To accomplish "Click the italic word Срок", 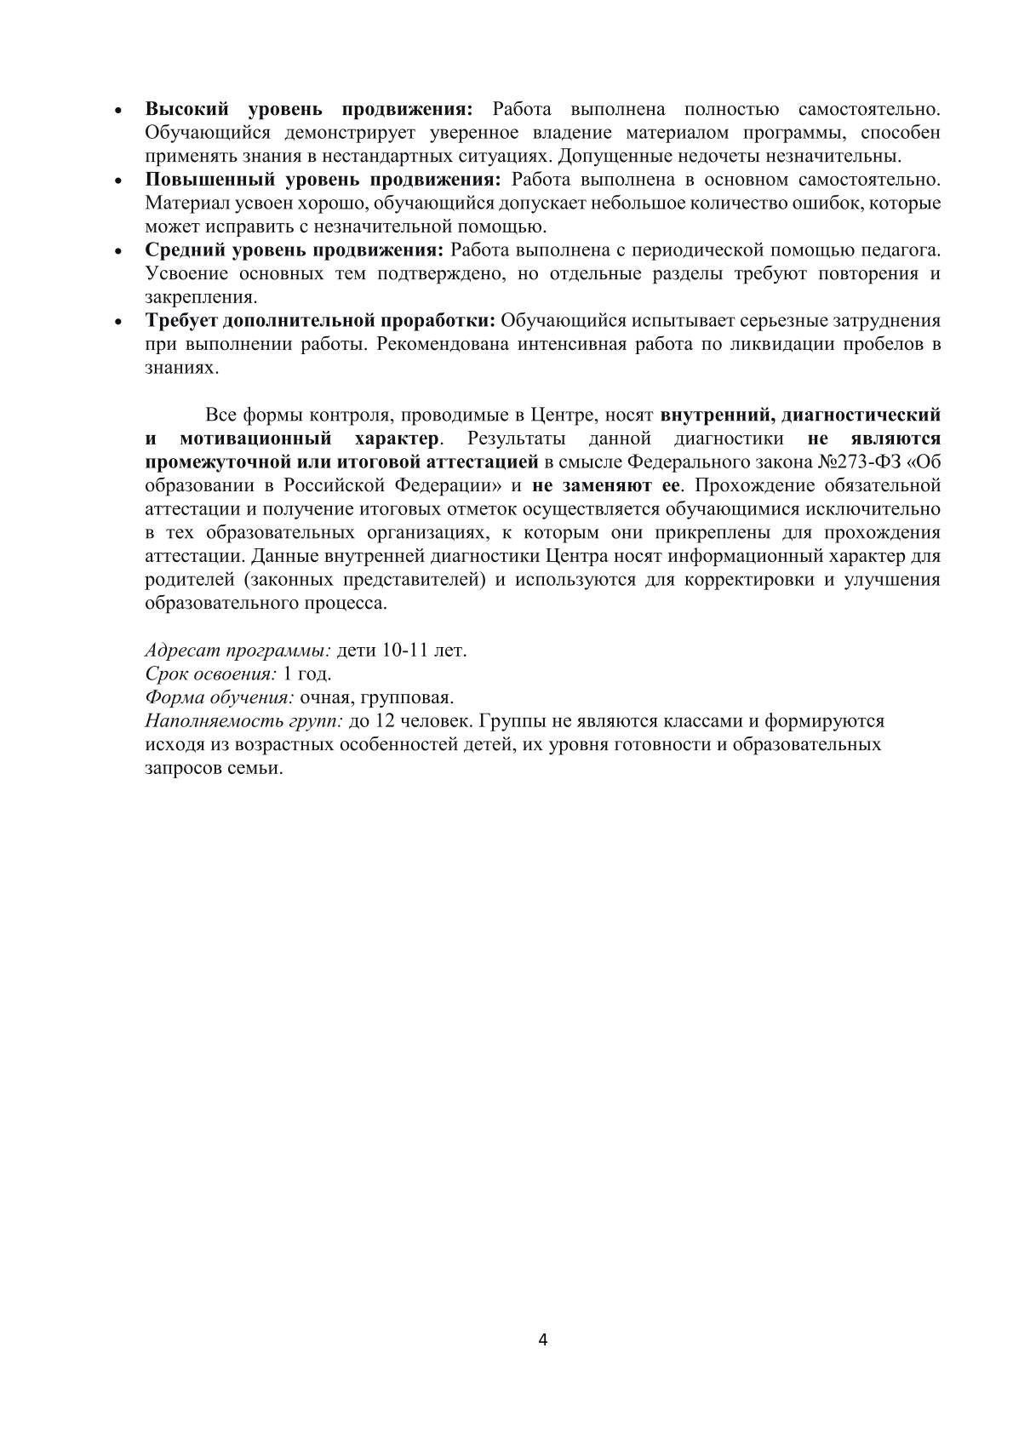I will (167, 674).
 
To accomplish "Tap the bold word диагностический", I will (861, 415).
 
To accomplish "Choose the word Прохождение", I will (754, 486).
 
